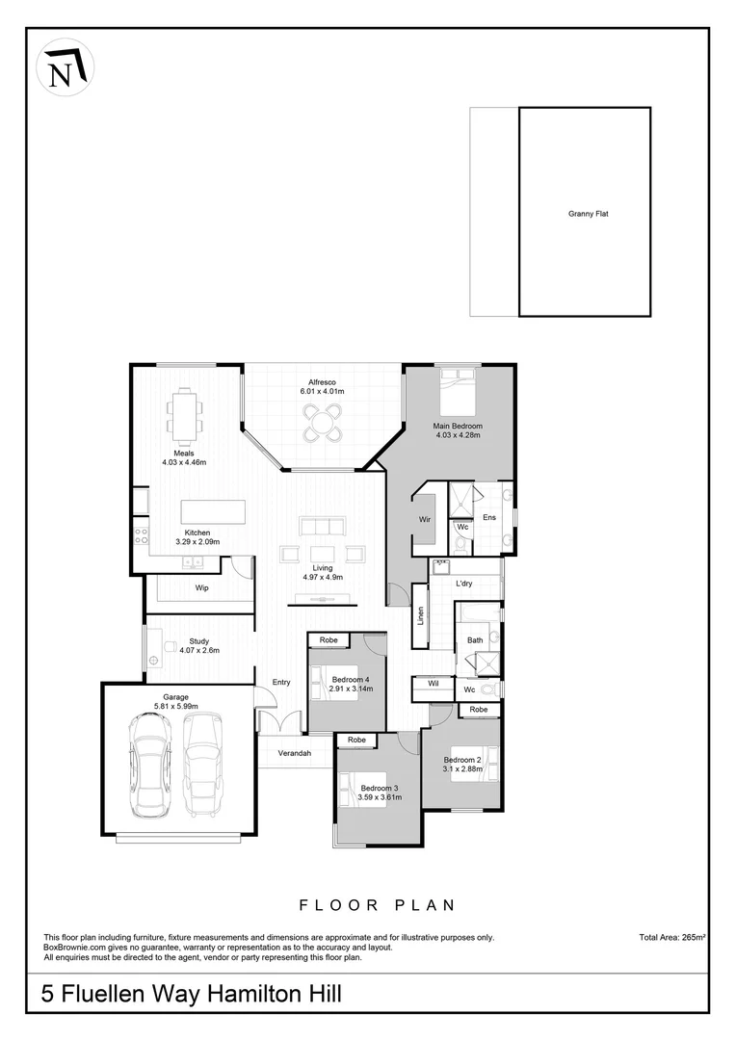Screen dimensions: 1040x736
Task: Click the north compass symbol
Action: pyautogui.click(x=64, y=66)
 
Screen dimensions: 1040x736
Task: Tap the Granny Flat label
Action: pyautogui.click(x=588, y=214)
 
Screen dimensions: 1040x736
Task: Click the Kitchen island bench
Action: pyautogui.click(x=213, y=510)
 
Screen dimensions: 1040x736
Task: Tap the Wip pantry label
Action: pyautogui.click(x=201, y=587)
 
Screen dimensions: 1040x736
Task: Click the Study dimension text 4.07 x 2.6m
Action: pyautogui.click(x=199, y=650)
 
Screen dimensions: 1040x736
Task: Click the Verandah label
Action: pyautogui.click(x=294, y=752)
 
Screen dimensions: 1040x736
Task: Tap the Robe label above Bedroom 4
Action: pyautogui.click(x=329, y=639)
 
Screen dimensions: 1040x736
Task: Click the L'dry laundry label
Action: pyautogui.click(x=465, y=585)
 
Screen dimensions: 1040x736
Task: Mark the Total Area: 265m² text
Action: pyautogui.click(x=672, y=936)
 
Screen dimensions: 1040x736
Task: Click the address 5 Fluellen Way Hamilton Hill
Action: pyautogui.click(x=191, y=993)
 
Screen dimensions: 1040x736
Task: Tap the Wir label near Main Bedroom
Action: pyautogui.click(x=424, y=520)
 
